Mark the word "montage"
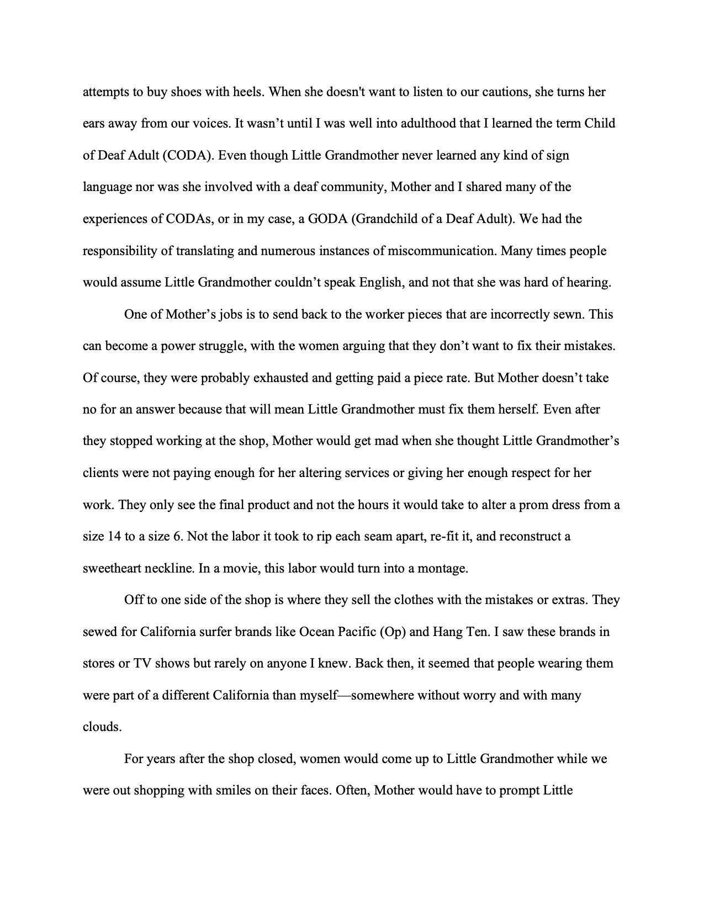click(x=445, y=569)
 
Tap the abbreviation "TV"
click(x=142, y=663)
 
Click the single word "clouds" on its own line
click(x=102, y=727)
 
